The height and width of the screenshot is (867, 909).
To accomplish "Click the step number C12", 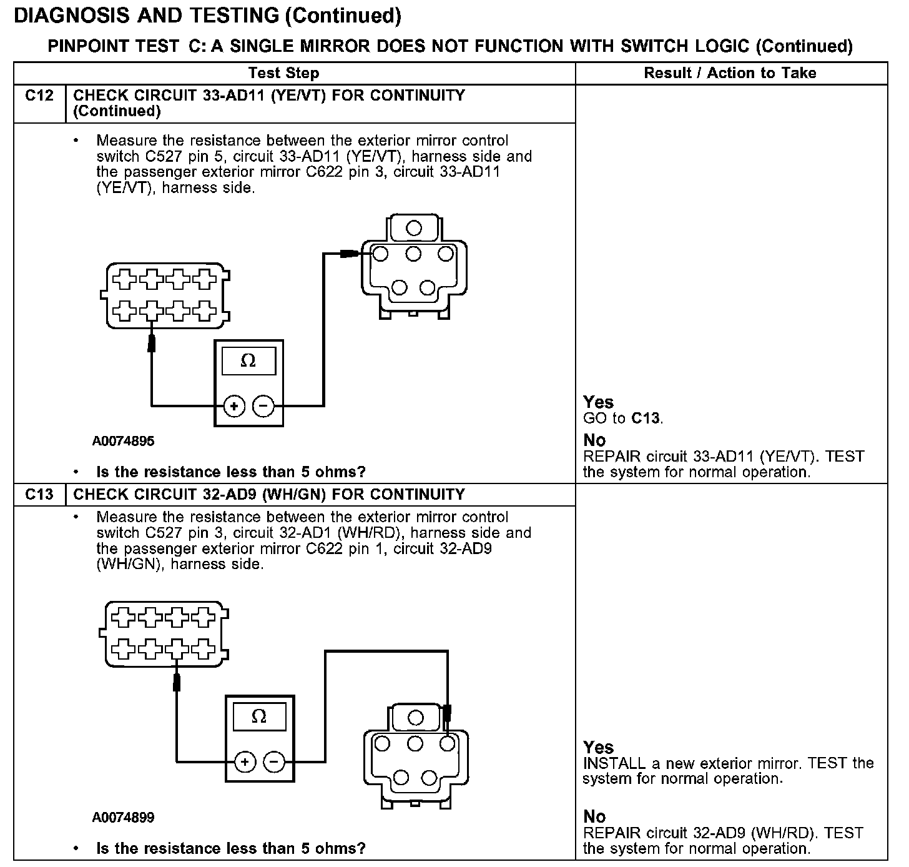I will coord(39,96).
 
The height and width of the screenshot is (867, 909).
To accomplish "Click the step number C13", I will coord(39,495).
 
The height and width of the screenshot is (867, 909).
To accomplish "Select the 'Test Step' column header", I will coord(283,73).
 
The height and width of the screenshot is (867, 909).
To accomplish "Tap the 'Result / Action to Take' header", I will coord(730,73).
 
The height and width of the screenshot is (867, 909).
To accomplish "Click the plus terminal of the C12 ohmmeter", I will coord(235,407).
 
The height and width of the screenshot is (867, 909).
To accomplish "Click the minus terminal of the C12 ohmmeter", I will coord(263,407).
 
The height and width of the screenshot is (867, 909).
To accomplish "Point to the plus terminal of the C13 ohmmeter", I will coord(245,761).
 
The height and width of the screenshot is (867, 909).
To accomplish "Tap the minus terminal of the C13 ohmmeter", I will coord(274,761).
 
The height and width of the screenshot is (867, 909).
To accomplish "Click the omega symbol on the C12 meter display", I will coord(248,361).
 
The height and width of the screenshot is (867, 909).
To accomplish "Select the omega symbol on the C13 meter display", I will coord(258,716).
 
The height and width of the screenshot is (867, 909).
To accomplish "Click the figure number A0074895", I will coord(123,441).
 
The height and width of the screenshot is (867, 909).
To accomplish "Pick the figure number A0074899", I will coord(123,817).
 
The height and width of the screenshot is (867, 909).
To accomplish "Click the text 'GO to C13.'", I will coord(623,419).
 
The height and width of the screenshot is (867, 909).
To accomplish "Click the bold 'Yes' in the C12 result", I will coord(598,402).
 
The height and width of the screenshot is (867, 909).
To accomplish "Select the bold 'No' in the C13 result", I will coord(594,816).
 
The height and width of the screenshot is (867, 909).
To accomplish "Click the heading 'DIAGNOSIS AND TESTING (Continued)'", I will coord(207,16).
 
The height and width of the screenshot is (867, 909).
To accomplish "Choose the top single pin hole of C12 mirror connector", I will coord(414,228).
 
